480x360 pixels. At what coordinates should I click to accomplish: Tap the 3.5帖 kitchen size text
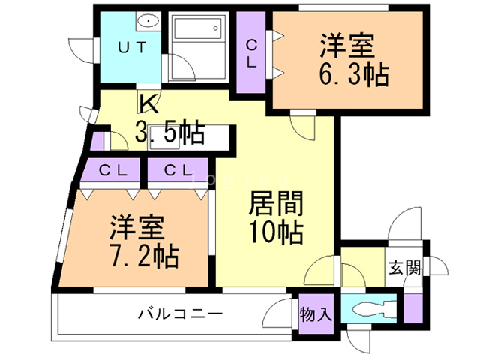169,133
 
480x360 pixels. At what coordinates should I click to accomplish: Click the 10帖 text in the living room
276,232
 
